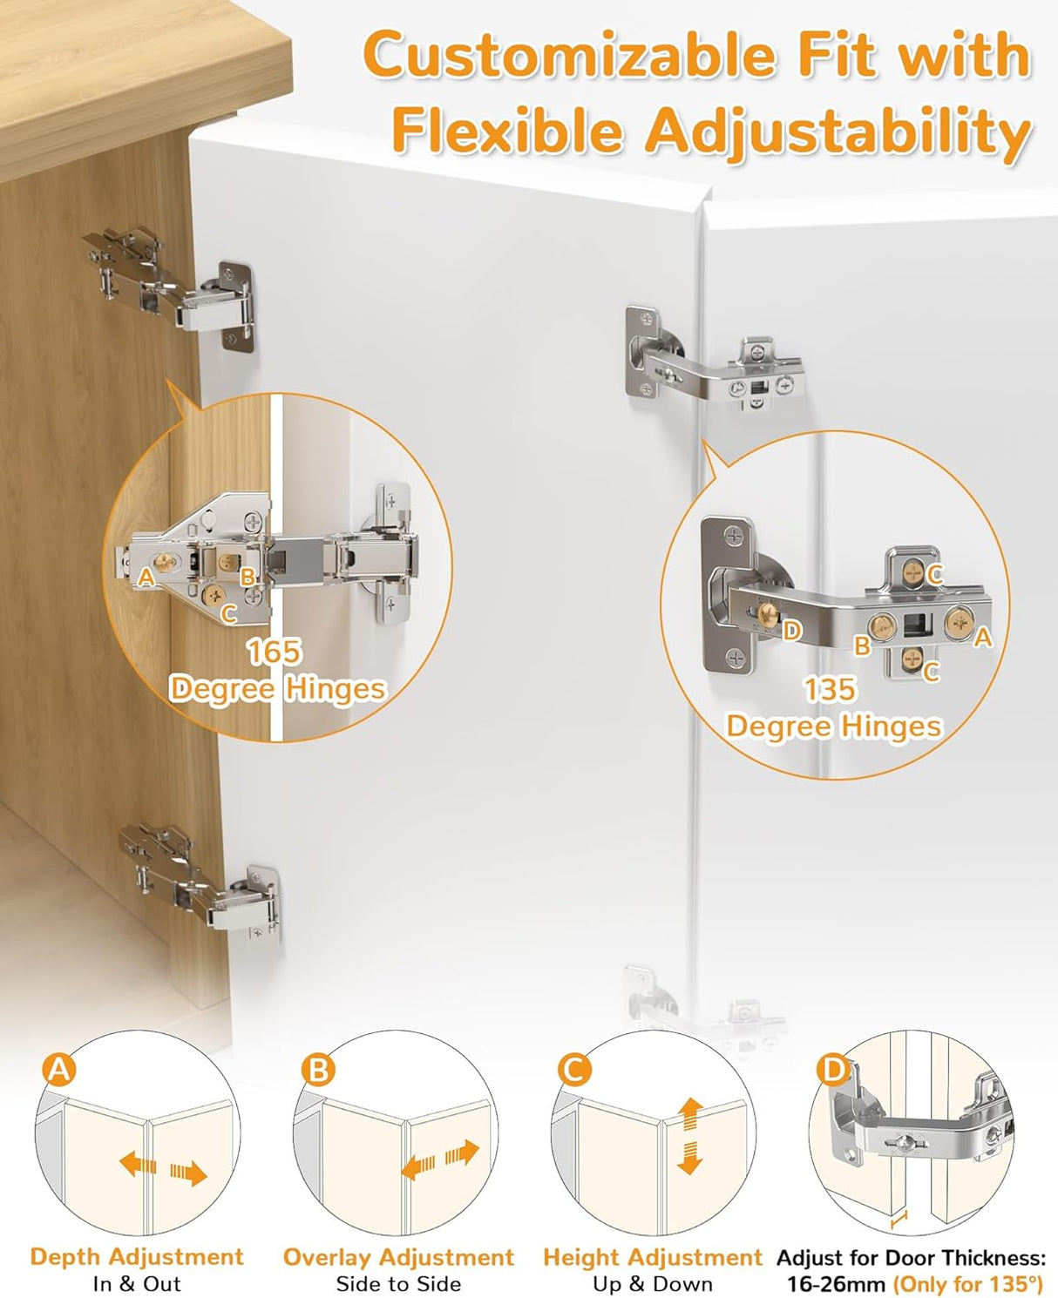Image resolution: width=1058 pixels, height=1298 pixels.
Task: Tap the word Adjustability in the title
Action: click(837, 132)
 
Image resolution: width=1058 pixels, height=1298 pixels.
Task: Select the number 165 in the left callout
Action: click(274, 652)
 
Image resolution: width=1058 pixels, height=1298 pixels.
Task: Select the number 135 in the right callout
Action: click(829, 690)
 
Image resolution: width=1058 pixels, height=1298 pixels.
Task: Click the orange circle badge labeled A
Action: click(59, 1069)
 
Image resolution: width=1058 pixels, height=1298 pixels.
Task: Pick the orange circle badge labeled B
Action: click(318, 1069)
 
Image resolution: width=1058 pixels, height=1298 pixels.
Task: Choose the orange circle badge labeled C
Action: click(573, 1069)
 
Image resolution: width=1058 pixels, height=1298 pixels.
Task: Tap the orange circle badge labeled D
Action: click(833, 1069)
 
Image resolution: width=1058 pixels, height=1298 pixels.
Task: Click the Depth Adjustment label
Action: click(137, 1257)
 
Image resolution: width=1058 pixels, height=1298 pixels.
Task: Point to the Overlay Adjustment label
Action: click(398, 1257)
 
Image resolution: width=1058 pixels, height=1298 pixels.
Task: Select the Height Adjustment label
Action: click(652, 1257)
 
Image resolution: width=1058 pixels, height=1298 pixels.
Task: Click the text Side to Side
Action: click(398, 1284)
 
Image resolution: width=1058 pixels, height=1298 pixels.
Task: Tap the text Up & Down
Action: click(652, 1284)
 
